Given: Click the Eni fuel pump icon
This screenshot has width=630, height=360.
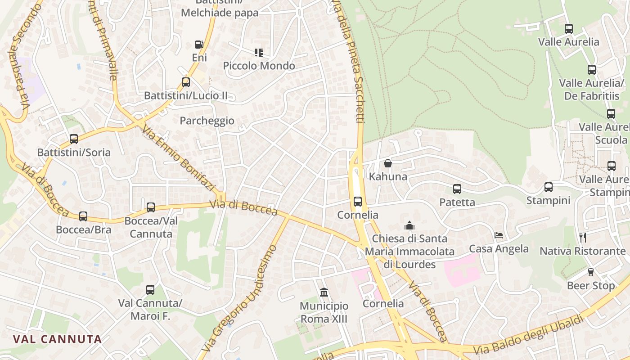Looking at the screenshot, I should [x=199, y=45].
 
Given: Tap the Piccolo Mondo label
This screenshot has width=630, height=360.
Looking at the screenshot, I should [x=259, y=66].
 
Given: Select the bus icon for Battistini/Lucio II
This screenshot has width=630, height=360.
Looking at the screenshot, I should [x=186, y=82].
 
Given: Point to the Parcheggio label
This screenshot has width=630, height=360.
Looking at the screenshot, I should [x=207, y=121].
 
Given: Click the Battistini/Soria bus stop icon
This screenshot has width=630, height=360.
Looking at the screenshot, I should [x=74, y=139].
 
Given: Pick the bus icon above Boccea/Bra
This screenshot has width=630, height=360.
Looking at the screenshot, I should [x=83, y=216].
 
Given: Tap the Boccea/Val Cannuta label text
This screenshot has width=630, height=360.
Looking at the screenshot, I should [x=151, y=227].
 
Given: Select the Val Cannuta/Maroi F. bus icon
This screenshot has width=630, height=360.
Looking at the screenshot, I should [x=150, y=290].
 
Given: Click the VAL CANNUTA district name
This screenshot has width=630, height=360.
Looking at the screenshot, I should [x=57, y=339].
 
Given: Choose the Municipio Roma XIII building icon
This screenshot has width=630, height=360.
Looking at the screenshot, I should [x=324, y=292].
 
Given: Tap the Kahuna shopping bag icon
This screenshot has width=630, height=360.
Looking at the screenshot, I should [x=388, y=163].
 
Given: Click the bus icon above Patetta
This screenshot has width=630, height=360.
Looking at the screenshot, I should [x=457, y=189].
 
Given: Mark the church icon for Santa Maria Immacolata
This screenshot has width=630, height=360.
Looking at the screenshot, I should [x=409, y=225].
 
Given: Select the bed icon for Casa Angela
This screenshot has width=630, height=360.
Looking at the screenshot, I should [x=499, y=235].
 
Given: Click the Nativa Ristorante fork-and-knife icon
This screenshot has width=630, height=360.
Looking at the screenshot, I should [x=583, y=237].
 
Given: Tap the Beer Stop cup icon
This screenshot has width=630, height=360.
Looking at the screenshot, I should [x=591, y=272].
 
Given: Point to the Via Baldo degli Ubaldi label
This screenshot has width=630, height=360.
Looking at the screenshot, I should [x=529, y=334].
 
